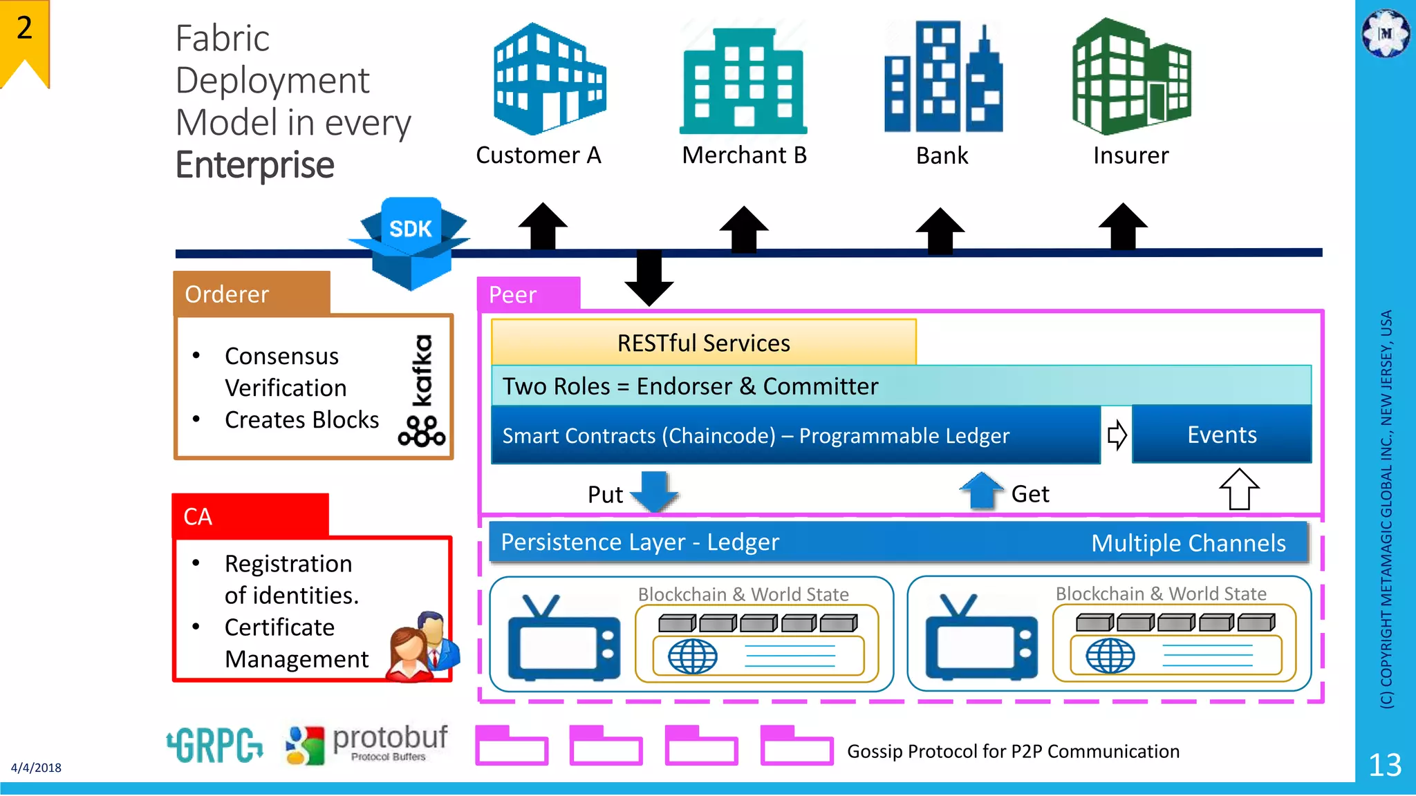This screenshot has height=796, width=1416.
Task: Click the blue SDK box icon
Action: [x=411, y=242]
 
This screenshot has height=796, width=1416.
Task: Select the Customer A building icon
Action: [x=549, y=79]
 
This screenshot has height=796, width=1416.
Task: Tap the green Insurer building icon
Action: [x=1131, y=77]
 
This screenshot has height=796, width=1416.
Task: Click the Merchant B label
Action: [x=744, y=155]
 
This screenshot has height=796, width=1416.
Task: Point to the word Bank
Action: [x=942, y=156]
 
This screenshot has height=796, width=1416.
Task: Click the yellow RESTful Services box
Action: [x=703, y=343]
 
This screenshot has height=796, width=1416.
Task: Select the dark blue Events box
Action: [x=1221, y=435]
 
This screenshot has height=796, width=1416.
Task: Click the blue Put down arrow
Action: [x=654, y=491]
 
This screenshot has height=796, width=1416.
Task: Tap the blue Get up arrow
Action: [x=982, y=491]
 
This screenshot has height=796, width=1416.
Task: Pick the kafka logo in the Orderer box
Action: [x=422, y=391]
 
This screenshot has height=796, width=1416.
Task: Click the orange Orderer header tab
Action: [x=252, y=294]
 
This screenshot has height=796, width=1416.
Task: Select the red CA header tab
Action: [x=250, y=516]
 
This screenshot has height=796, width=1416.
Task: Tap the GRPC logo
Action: [x=215, y=746]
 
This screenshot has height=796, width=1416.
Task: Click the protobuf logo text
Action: [x=389, y=738]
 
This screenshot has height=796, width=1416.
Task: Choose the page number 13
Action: [x=1385, y=765]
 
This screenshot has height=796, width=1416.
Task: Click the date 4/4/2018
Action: [x=36, y=768]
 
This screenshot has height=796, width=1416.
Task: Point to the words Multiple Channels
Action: [x=1188, y=543]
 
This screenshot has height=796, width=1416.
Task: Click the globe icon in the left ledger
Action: [x=692, y=656]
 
